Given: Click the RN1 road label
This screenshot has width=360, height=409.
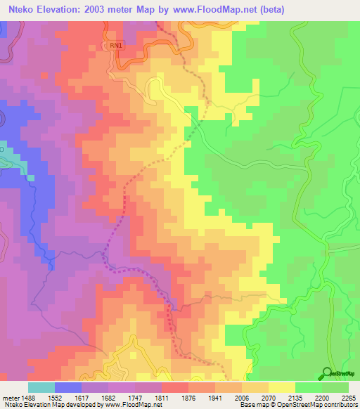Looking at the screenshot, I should pos(116,45).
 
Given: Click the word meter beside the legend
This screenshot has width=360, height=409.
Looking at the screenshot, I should pos(8,396).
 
